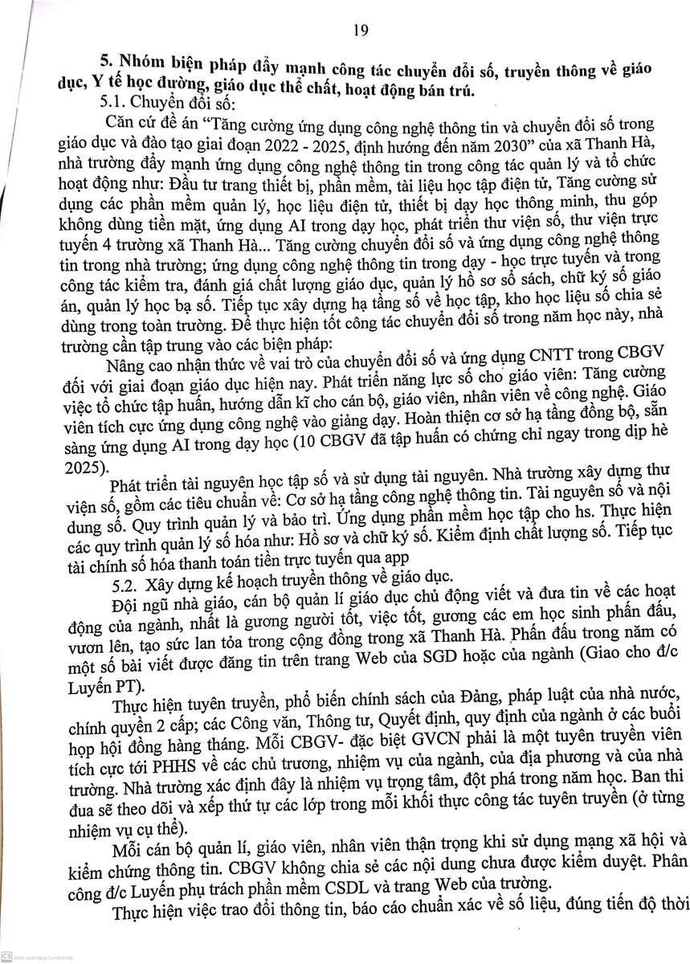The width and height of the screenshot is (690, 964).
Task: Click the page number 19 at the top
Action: point(360,31)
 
